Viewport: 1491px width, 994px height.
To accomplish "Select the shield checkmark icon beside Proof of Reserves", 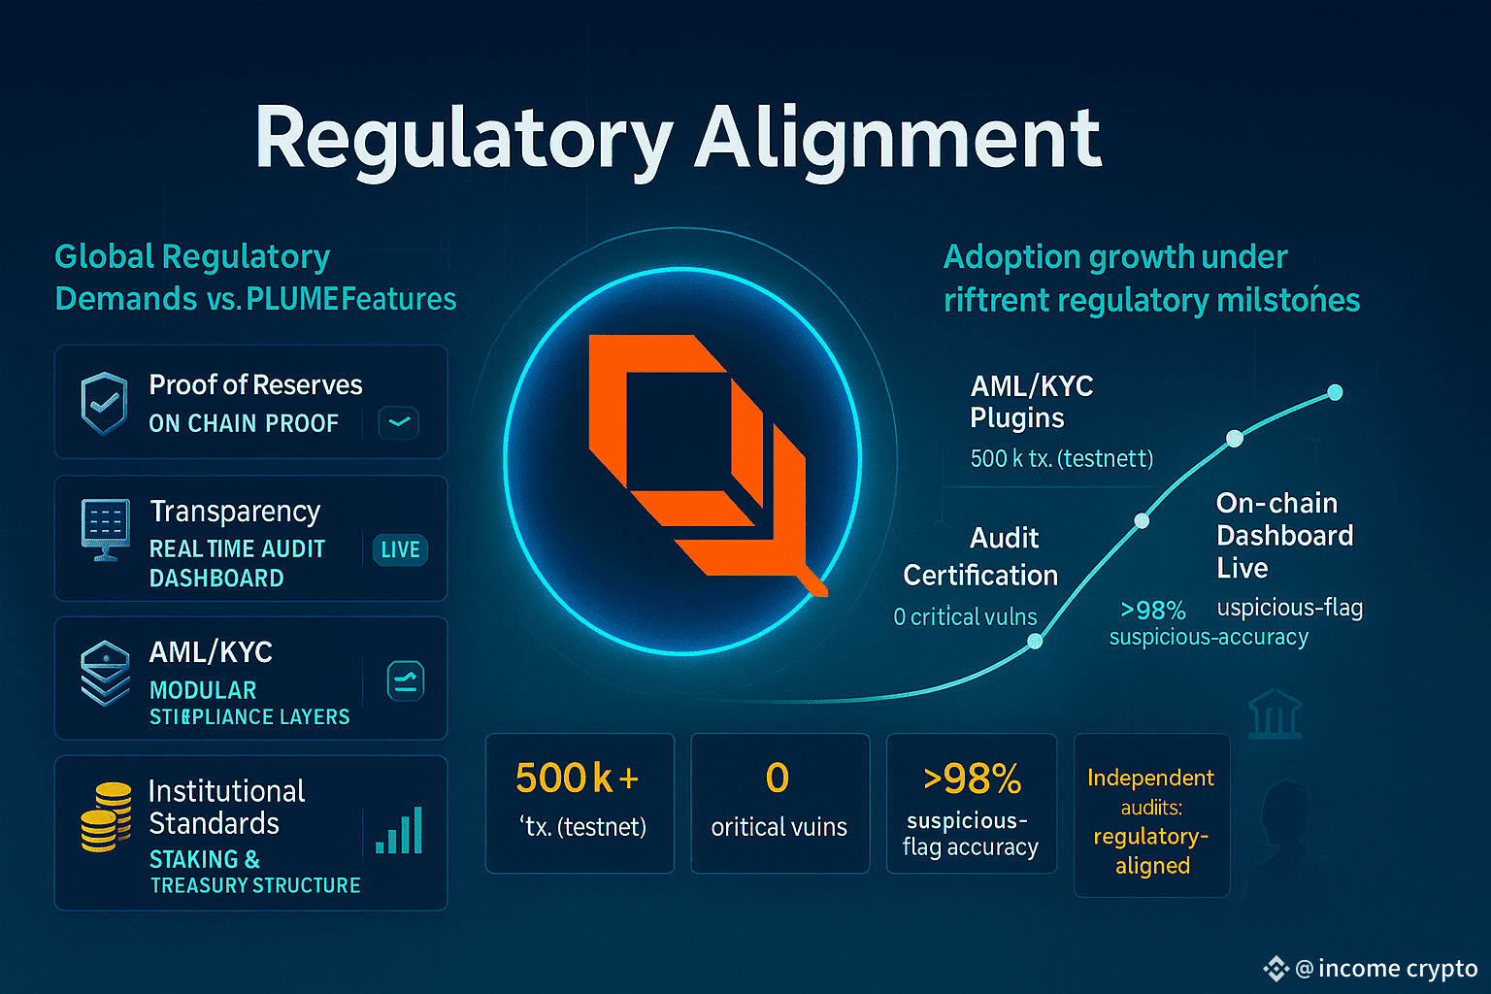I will coord(105,403).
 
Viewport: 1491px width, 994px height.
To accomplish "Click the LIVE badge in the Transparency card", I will coord(400,549).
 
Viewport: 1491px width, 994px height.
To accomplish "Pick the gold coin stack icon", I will coord(106,816).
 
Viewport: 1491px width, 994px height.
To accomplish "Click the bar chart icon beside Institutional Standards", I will coord(400,831).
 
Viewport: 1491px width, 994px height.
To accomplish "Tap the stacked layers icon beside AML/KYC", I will coord(106,672).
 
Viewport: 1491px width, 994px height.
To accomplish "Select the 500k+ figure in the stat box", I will coord(577,779).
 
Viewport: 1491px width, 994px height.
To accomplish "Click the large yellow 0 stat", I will coord(778,779).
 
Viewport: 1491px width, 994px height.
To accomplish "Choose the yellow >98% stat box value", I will coord(972,779).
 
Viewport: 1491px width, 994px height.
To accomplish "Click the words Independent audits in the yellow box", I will coord(1150,791).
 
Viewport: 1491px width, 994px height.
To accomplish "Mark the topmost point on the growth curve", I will coord(1335,392).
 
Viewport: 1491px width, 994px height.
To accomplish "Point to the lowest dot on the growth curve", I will coord(1035,641).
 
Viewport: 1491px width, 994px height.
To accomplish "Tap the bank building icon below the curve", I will coord(1275,714).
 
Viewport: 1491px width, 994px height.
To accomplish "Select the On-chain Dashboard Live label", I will coord(1284,535).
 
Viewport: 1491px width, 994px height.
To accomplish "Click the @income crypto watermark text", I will coord(1385,968).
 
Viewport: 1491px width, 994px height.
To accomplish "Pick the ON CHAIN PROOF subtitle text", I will coord(244,423).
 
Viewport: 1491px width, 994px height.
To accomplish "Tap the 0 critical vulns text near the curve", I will coord(965,616).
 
